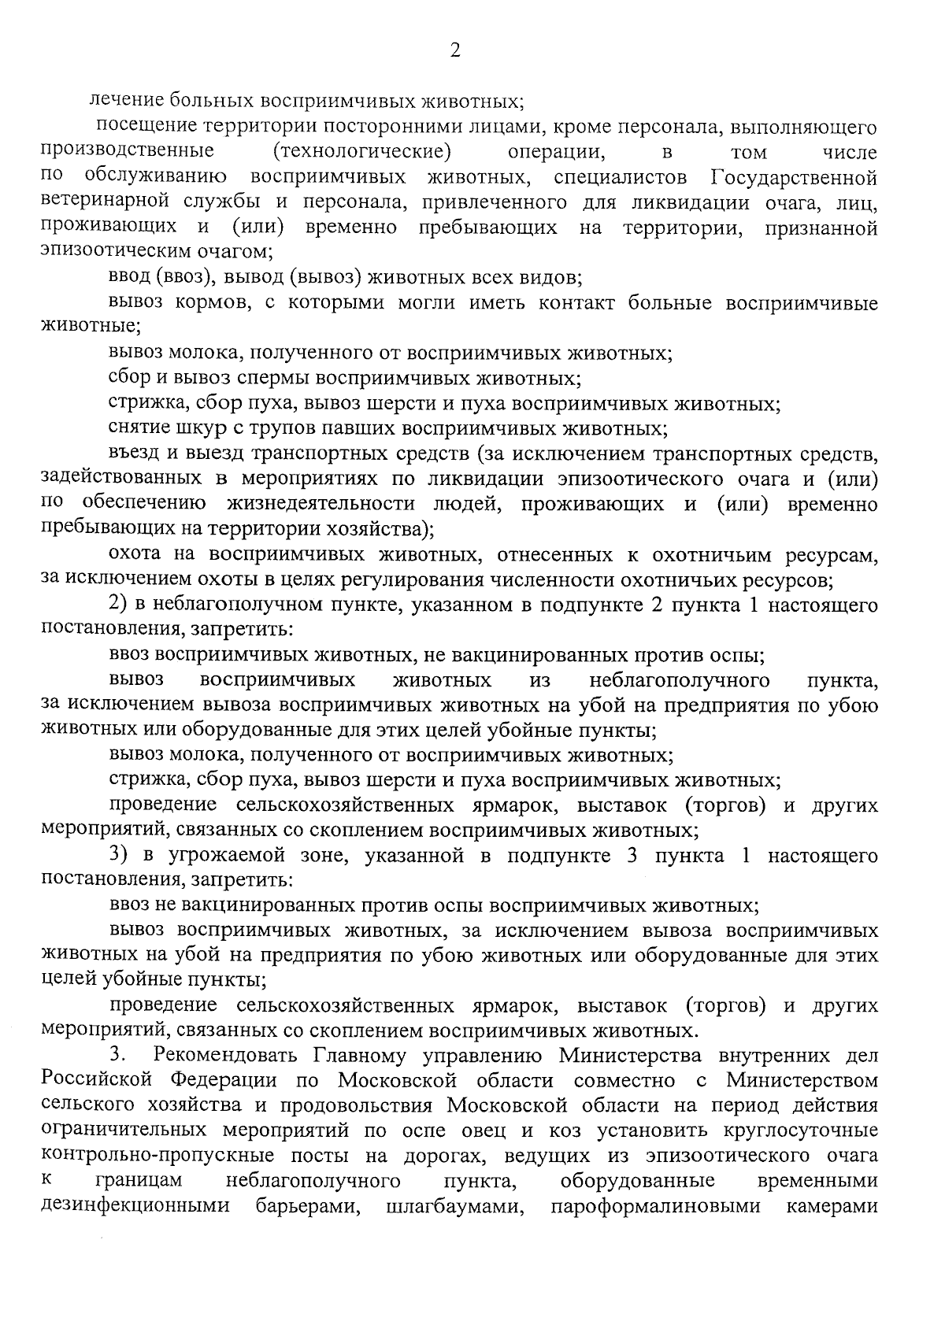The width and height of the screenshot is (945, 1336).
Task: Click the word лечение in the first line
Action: tap(124, 101)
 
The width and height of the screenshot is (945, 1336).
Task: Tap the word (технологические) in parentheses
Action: tap(361, 150)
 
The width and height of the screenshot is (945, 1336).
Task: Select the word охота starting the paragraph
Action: tap(135, 555)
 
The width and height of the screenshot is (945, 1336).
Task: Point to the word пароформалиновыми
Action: tap(656, 1207)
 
